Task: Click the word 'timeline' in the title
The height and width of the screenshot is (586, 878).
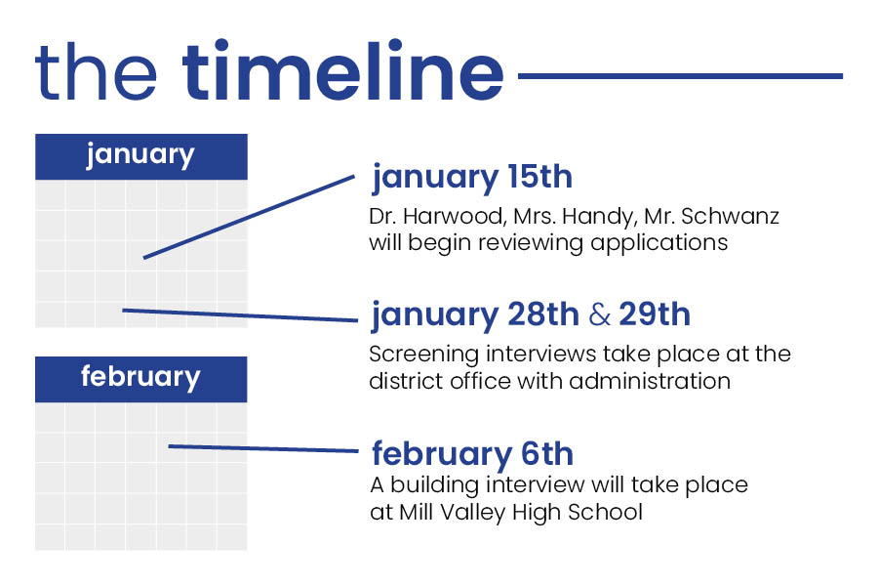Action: (343, 70)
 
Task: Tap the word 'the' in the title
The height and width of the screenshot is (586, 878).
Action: (96, 71)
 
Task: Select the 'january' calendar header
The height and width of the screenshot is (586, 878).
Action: (141, 156)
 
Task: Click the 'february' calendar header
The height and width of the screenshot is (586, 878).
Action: (141, 379)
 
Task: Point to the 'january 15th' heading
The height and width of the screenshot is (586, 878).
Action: (472, 179)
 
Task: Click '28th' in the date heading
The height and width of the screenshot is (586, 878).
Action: (543, 314)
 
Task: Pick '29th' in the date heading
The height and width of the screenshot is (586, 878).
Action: (655, 314)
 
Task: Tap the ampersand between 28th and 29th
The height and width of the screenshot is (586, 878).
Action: (599, 314)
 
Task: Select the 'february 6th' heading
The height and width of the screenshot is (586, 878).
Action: (472, 455)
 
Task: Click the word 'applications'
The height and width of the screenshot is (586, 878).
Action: (659, 244)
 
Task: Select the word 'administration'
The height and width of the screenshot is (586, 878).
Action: (650, 381)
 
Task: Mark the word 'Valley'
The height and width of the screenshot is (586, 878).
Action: (472, 514)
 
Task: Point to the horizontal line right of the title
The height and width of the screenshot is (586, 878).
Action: (680, 76)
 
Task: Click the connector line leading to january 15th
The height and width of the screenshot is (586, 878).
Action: (249, 217)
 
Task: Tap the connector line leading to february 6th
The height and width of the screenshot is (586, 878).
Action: (263, 448)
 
